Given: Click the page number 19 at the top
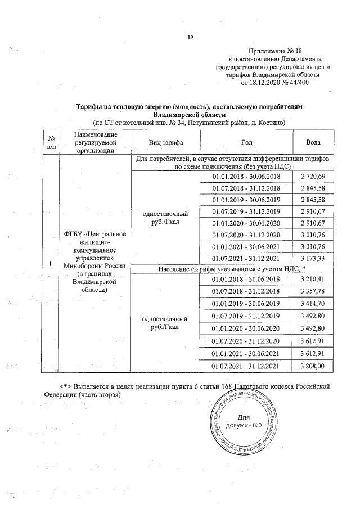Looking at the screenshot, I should (190, 37).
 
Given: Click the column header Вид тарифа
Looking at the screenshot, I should (166, 142).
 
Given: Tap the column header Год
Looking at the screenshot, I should (246, 142).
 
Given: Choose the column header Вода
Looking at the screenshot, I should (313, 142).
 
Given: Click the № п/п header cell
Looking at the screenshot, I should (51, 142).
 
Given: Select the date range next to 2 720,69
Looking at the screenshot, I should (246, 177).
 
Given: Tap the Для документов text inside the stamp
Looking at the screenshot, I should (243, 421).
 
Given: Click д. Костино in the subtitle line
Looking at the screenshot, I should (267, 121).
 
